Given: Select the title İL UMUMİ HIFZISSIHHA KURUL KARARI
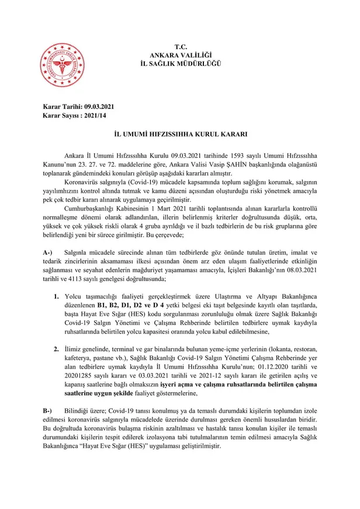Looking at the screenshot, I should click(x=180, y=134).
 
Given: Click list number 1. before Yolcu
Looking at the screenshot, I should click(x=57, y=296).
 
